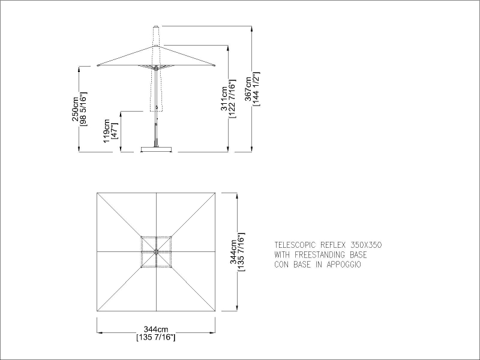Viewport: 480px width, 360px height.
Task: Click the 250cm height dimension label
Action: [x=74, y=109]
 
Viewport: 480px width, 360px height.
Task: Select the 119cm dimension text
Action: [x=106, y=131]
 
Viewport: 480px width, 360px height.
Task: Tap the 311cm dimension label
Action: [x=224, y=98]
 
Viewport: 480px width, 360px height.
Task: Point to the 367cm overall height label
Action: [x=248, y=89]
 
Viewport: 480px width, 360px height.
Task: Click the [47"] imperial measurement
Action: [x=115, y=131]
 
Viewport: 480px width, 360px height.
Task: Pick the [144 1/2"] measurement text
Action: [x=256, y=89]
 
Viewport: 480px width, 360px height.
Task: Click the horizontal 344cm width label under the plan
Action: [x=156, y=329]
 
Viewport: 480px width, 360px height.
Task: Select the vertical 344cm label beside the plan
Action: [x=233, y=252]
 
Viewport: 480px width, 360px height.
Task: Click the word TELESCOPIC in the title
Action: [x=295, y=245]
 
